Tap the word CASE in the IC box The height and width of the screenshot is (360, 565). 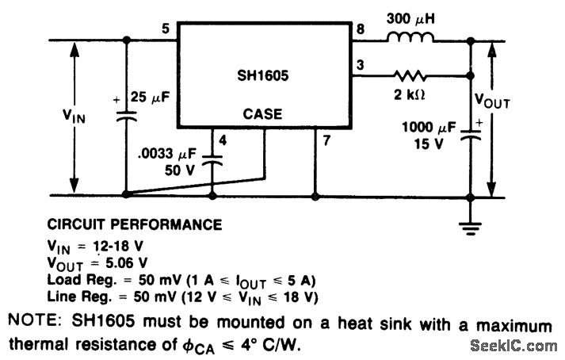(x=263, y=114)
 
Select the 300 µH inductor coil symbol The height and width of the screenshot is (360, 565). (x=410, y=37)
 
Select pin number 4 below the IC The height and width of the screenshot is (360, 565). (x=224, y=141)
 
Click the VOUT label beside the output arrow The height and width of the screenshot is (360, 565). (x=493, y=101)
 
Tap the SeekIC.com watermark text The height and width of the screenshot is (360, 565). (x=513, y=346)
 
